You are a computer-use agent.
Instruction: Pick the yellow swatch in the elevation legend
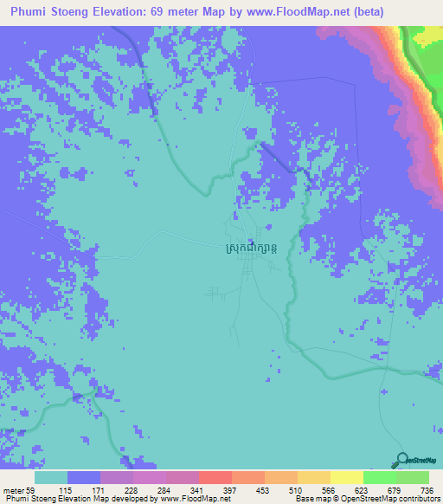coord(346,478)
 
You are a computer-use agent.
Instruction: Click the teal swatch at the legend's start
coord(51,478)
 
